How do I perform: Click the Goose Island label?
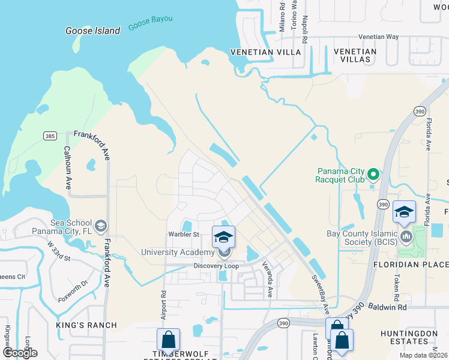pos(92,31)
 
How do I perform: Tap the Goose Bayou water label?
pos(150,23)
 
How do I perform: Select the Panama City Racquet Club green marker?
pos(373,175)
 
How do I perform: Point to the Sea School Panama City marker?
pos(101,226)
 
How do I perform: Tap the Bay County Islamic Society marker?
pos(406,236)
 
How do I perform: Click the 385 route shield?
pos(50,136)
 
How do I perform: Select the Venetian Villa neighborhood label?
pos(260,52)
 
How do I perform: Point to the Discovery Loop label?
pos(215,266)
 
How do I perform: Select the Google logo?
pos(19,352)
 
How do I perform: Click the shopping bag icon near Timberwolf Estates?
pos(169,340)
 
